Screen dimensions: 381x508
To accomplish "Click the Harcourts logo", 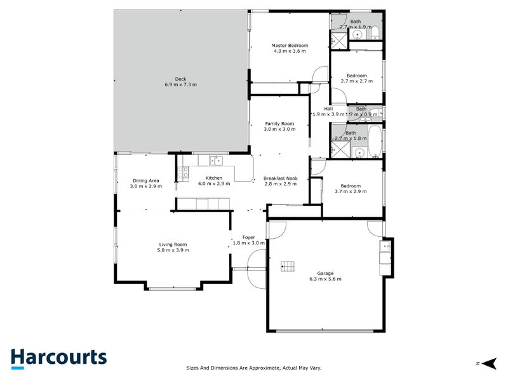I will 58,358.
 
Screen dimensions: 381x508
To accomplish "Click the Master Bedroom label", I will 290,46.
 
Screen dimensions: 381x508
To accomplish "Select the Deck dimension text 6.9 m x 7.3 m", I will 181,84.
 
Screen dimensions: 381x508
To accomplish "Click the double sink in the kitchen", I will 217,161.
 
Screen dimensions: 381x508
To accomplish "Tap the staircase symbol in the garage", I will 289,265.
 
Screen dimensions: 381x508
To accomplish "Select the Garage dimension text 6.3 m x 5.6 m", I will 325,279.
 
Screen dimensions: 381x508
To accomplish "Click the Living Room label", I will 173,244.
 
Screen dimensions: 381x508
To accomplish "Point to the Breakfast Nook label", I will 280,178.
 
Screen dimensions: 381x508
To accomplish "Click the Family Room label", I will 279,123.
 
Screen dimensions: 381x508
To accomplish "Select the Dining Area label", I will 145,180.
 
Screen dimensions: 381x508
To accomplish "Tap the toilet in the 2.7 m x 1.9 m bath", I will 374,33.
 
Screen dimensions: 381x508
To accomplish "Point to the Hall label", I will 328,109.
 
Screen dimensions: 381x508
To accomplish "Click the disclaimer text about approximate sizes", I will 253,367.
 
